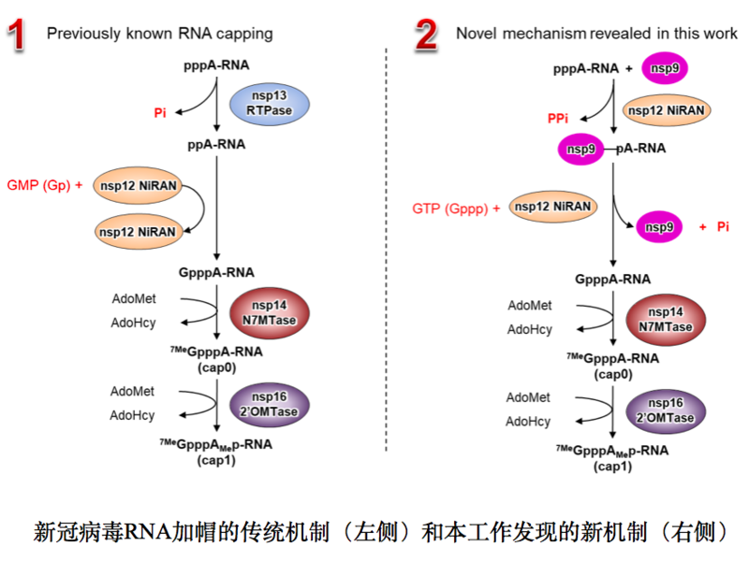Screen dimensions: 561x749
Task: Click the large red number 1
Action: coord(17,35)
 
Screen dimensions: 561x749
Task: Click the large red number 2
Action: coord(426,35)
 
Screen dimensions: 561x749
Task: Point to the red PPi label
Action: coord(558,119)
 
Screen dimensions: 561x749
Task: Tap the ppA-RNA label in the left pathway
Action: coord(216,145)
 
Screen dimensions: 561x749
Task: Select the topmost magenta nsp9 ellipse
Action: coord(666,67)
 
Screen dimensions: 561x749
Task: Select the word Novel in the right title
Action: coord(475,34)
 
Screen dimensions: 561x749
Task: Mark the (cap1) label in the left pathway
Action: coord(217,459)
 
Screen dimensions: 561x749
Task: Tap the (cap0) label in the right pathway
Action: coord(612,373)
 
